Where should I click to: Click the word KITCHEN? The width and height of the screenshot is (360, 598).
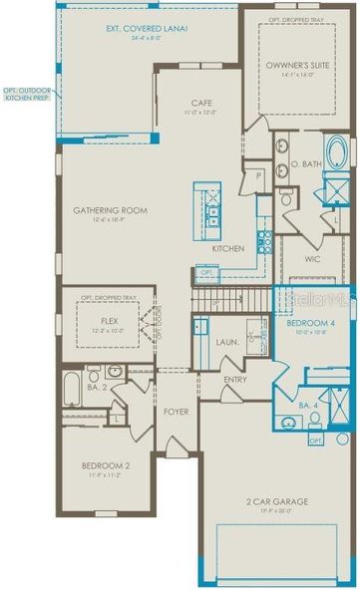click(228, 247)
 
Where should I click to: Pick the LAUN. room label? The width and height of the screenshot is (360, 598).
click(226, 341)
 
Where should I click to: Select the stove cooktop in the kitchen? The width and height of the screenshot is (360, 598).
click(265, 239)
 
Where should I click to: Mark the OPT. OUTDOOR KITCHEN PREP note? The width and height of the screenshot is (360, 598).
click(27, 95)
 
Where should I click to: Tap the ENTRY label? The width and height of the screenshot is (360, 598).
click(235, 379)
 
